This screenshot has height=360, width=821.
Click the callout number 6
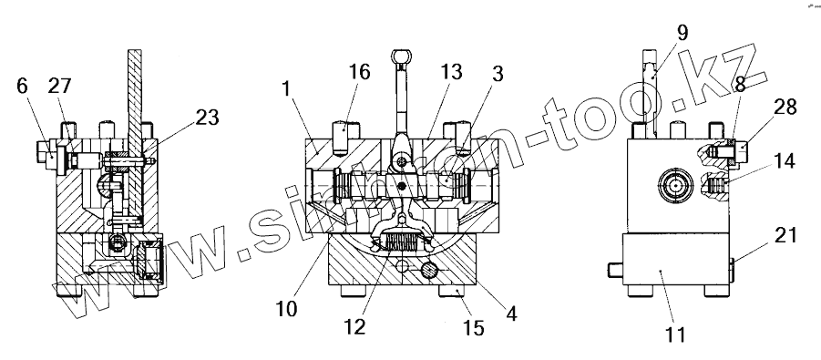[x=23, y=86]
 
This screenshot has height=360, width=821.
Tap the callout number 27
[x=59, y=86]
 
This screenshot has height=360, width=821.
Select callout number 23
[x=207, y=118]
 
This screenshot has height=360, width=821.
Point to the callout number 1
[x=286, y=88]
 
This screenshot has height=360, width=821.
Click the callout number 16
[x=360, y=71]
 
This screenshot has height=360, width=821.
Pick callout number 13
[x=451, y=71]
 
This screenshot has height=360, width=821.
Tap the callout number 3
[x=497, y=74]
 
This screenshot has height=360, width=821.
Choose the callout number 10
[x=286, y=308]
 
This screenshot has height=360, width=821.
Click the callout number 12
[x=354, y=327]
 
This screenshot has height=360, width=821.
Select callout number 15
[x=473, y=327]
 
